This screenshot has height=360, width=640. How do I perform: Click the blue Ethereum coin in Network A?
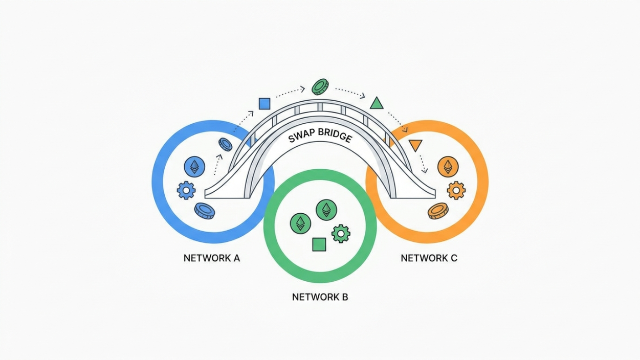194,167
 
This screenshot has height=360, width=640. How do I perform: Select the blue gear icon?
186,190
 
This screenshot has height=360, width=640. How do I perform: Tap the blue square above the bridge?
264,104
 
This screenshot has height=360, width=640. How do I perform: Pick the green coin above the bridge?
320,87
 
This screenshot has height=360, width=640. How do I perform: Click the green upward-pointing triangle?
377,104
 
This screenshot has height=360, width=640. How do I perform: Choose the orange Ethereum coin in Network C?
448,167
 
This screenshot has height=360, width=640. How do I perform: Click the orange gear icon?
456,190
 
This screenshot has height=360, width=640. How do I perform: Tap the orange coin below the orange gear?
438,211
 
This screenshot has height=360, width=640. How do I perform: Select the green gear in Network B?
341,234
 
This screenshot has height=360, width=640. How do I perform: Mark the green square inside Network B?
319,244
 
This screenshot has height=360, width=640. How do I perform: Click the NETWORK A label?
212,258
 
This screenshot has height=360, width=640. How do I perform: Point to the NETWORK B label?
320,297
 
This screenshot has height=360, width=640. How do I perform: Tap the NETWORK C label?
429,258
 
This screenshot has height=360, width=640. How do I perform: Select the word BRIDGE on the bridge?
335,135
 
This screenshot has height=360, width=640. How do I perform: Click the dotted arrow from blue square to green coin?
290,92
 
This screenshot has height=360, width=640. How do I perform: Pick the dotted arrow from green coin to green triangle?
350,93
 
